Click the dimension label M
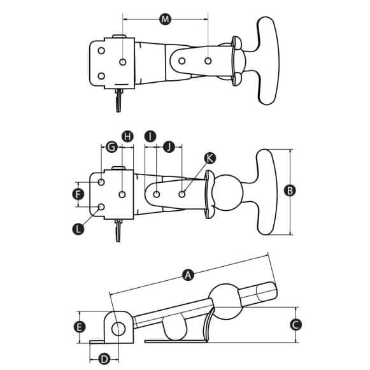point(166,20)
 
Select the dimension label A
point(187,275)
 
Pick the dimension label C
point(295,324)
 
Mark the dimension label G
point(111,147)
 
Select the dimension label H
point(127,136)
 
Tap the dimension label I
point(150,136)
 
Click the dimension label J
point(169,147)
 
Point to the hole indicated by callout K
point(183,193)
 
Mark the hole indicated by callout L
point(101,208)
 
